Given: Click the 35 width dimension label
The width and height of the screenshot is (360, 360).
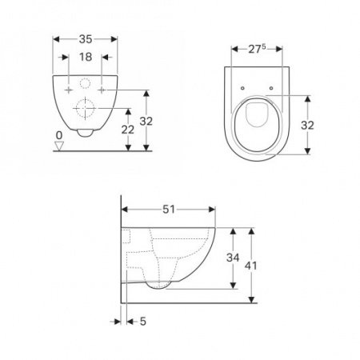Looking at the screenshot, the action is pos(86,39).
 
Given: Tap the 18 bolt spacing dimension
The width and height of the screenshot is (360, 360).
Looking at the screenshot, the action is pos(86,57).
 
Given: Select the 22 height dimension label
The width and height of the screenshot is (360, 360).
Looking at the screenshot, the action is pos(128,130).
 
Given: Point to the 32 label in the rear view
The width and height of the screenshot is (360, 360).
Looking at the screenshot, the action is pos(146,122).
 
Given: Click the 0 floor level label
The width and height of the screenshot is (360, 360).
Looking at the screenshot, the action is pos(59,135).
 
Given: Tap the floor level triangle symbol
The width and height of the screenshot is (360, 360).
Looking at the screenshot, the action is pos(59,146).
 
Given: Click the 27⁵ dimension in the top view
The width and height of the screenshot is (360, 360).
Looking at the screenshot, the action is pos(257,49).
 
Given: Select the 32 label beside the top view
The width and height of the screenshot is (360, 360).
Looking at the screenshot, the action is pos(307,125).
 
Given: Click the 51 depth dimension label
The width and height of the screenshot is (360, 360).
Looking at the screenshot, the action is pos(169,210).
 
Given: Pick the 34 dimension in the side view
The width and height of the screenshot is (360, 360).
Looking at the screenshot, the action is pos(233,258).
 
